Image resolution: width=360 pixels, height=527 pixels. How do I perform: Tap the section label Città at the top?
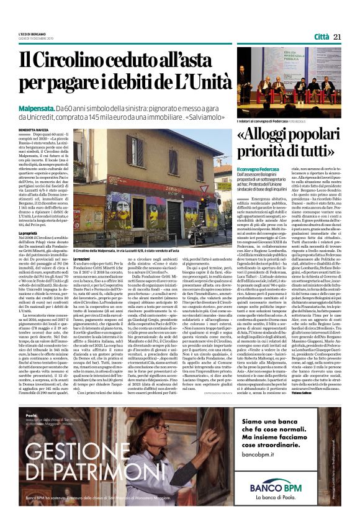coord(322,37)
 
